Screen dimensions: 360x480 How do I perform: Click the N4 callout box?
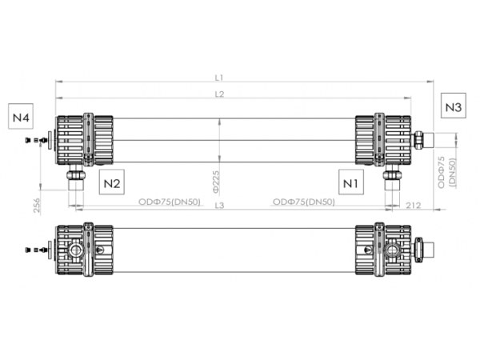coord(21,118)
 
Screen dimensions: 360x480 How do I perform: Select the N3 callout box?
coord(454,106)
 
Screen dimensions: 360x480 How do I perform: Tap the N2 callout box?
coord(113,183)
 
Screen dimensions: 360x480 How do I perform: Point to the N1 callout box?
coord(350,183)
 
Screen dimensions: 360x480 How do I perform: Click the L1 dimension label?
coord(218,78)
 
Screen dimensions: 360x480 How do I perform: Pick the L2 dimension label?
coord(218,94)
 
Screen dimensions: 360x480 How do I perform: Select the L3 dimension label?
coord(218,206)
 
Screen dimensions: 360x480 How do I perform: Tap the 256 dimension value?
coord(37,206)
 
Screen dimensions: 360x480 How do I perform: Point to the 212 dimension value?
coord(414,206)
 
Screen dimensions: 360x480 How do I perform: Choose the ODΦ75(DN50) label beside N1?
coord(304,201)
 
